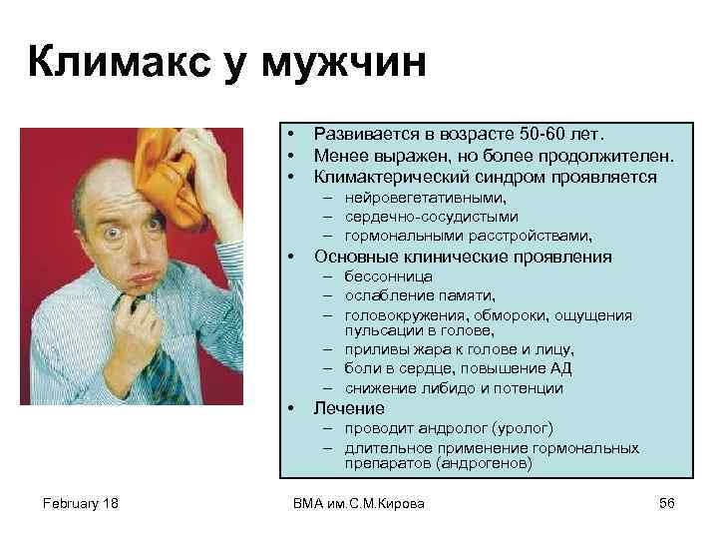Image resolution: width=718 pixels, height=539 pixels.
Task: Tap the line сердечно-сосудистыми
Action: click(432, 218)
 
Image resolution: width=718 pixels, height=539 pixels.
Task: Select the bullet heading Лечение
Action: click(348, 408)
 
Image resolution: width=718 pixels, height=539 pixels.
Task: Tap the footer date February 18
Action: click(80, 504)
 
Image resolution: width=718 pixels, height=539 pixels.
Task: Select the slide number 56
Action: click(667, 504)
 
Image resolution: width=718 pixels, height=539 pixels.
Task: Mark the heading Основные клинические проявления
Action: click(462, 257)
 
